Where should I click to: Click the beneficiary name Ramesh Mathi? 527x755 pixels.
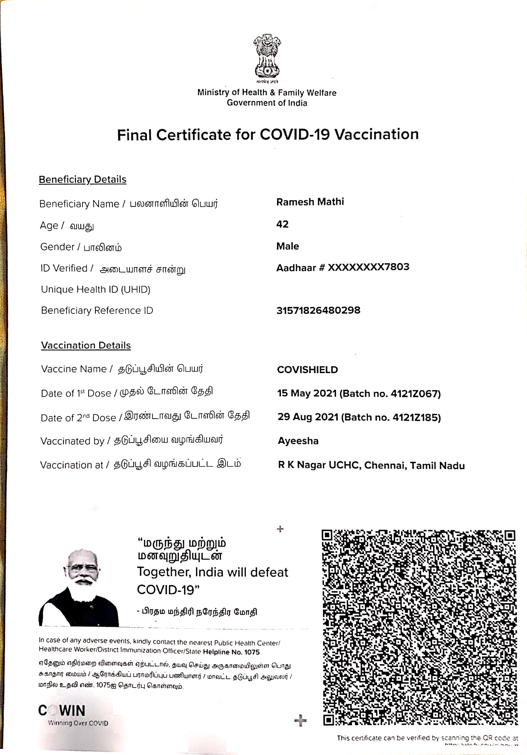click(x=310, y=202)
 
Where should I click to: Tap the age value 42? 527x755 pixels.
click(x=282, y=224)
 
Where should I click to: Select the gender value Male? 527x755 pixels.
click(x=288, y=246)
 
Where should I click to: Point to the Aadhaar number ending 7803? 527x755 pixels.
click(x=368, y=267)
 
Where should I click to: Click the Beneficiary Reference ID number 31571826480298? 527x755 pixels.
click(x=318, y=310)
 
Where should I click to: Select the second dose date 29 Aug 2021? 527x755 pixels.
click(x=308, y=417)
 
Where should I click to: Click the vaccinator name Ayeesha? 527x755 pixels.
click(x=298, y=441)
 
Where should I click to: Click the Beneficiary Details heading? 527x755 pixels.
click(x=83, y=179)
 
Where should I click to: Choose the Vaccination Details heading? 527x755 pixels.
click(x=86, y=345)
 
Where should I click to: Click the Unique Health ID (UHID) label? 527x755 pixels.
click(x=96, y=289)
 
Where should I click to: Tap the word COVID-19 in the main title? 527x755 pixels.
click(x=295, y=135)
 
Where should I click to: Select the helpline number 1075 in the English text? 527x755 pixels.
click(x=252, y=652)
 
